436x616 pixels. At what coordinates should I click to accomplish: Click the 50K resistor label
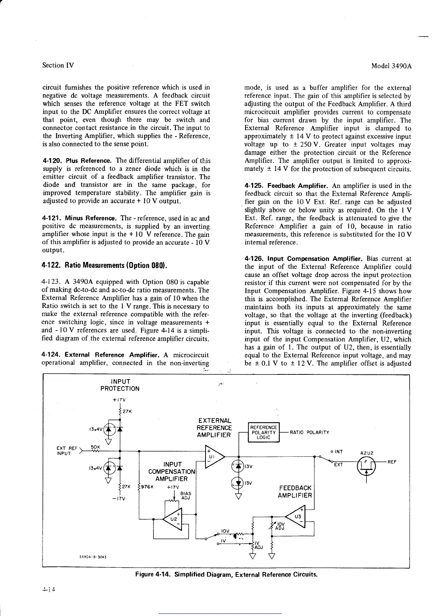[x=95, y=447]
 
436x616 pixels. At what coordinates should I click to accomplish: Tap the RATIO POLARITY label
[x=309, y=432]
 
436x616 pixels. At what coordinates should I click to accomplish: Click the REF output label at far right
[x=393, y=462]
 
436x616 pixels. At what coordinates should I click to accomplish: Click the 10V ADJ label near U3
[x=280, y=526]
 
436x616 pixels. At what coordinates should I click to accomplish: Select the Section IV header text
[x=58, y=66]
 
